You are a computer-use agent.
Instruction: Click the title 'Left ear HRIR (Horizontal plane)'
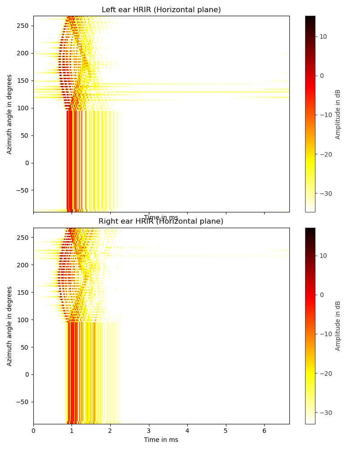coord(161,10)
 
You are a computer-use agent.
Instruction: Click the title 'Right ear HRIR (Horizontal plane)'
coord(161,221)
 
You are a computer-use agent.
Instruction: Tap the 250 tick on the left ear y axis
coord(23,26)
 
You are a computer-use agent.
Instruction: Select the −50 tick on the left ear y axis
coord(22,190)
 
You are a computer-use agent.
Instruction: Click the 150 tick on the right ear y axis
coord(23,292)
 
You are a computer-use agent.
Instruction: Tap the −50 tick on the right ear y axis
coord(22,402)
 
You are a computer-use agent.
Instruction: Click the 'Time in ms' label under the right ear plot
coord(161,440)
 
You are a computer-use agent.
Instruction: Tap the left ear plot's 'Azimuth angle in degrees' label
coord(10,114)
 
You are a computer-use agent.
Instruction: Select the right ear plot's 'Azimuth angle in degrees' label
coord(10,326)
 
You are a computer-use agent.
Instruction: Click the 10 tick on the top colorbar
coord(323,36)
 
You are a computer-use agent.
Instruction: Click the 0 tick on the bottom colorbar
coord(322,295)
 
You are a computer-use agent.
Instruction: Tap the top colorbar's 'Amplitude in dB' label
coord(338,114)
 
